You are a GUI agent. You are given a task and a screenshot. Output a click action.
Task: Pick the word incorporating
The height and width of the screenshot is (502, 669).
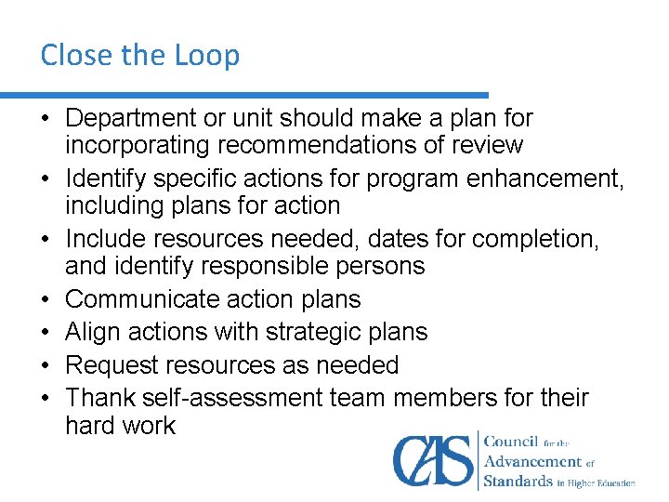pos(137,145)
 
